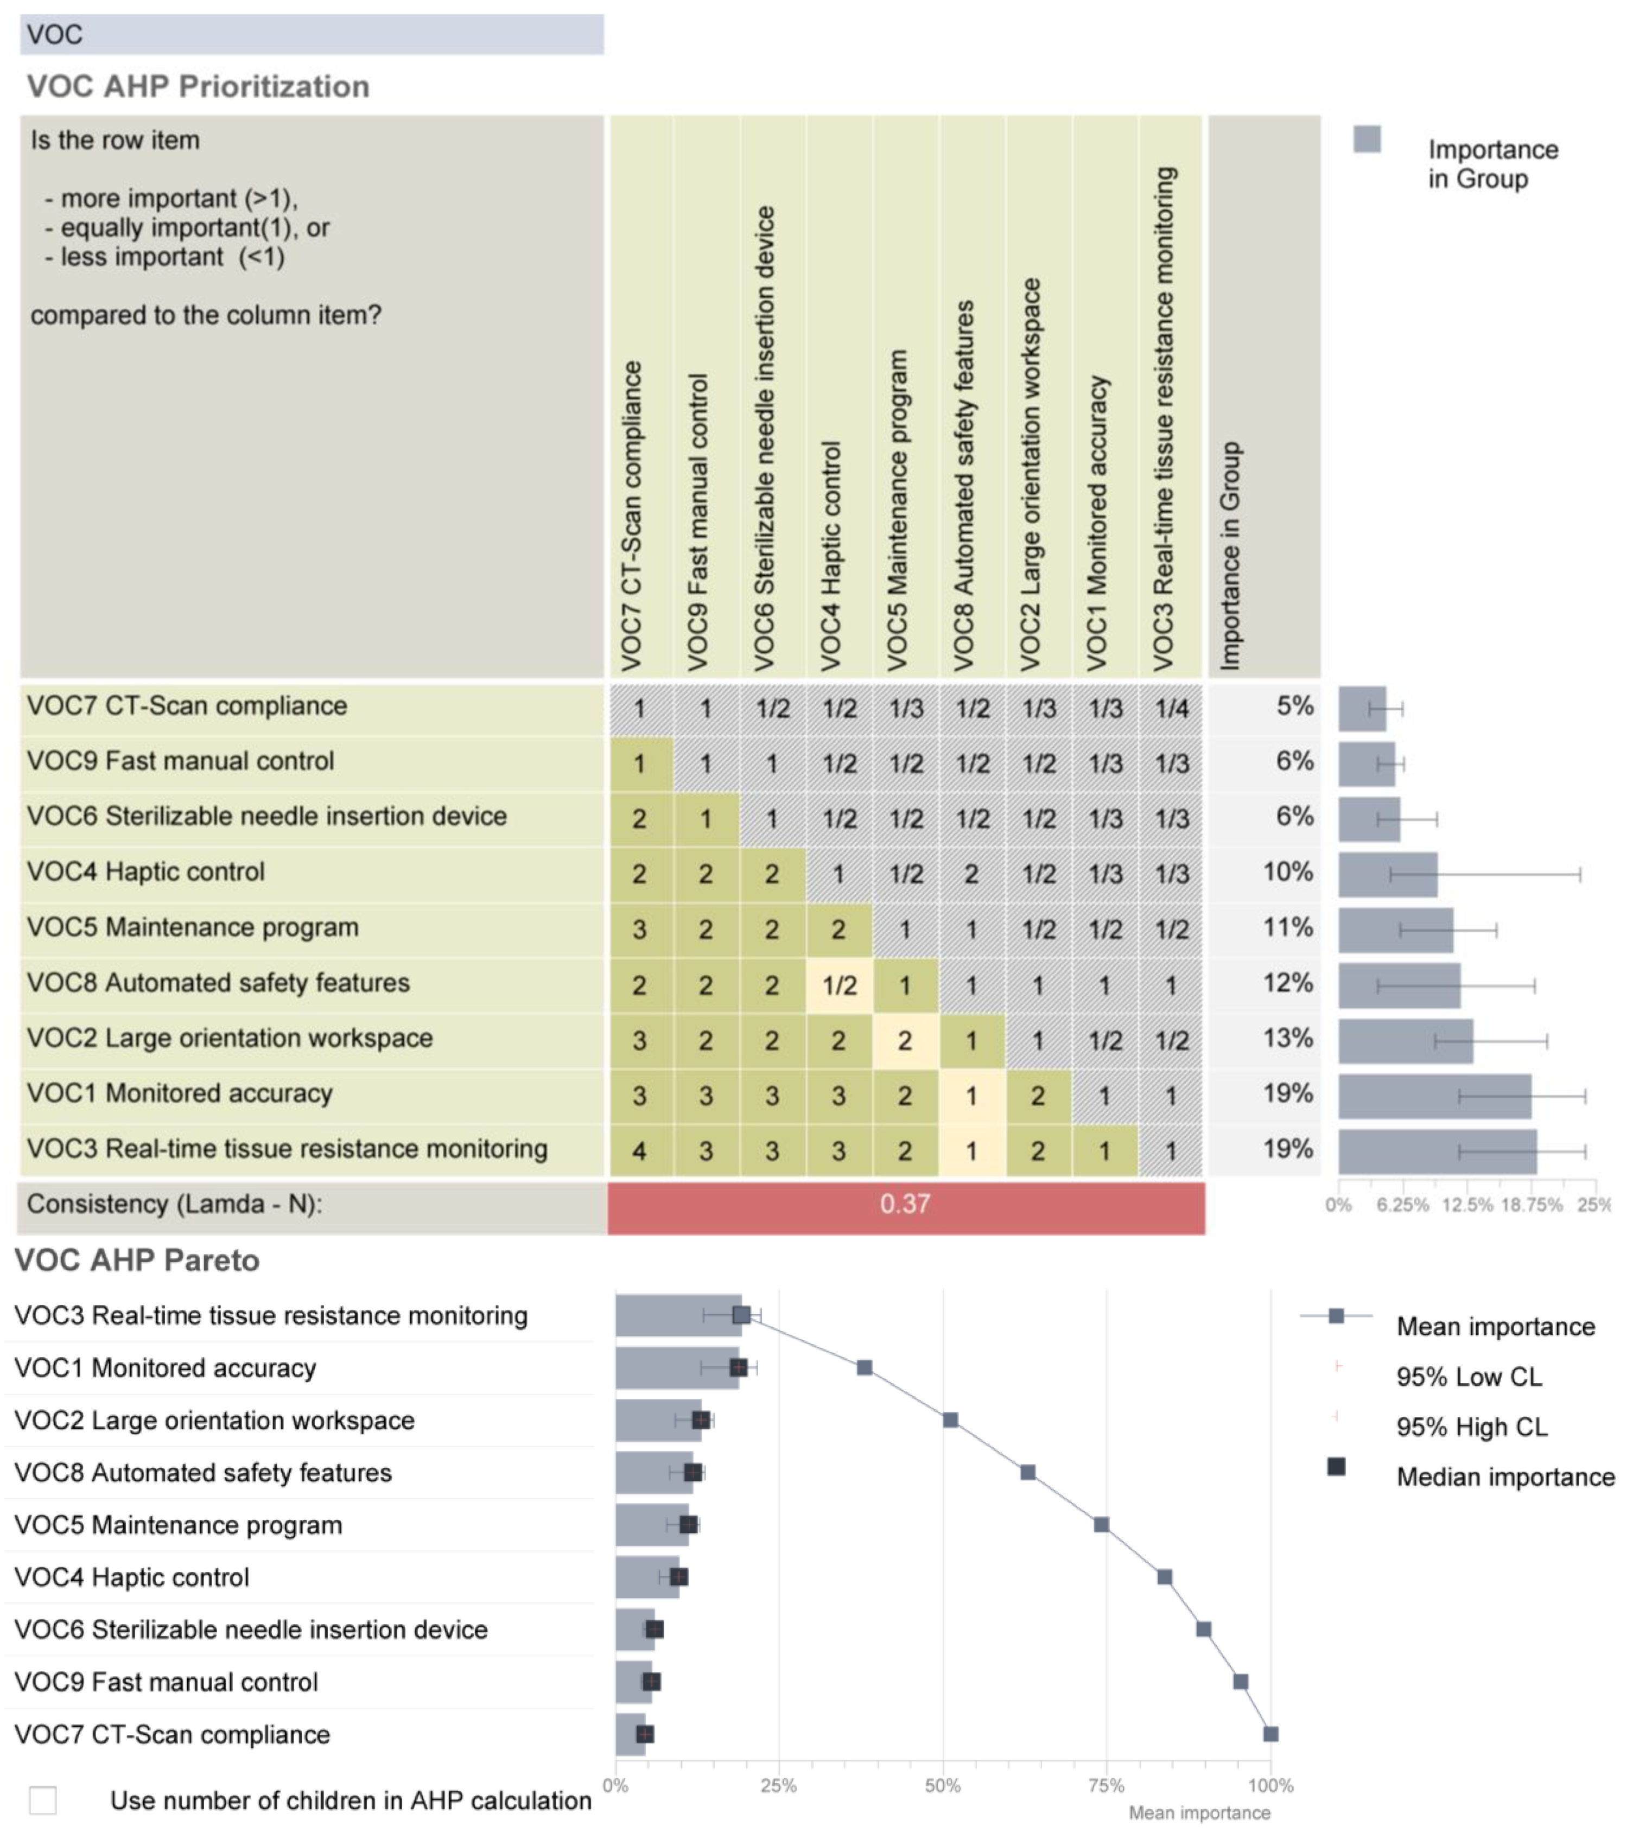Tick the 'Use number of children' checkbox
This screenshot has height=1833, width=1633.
[x=43, y=1800]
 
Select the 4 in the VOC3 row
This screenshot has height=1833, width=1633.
[x=639, y=1151]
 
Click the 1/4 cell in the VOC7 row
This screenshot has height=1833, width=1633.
[x=1171, y=709]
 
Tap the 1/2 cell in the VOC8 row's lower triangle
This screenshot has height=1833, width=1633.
[x=839, y=985]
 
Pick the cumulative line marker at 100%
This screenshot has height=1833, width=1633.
[x=1270, y=1734]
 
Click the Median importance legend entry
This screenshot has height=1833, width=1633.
[x=1505, y=1478]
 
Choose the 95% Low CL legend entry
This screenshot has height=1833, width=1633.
[x=1468, y=1377]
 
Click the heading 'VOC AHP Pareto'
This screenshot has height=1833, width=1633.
[x=137, y=1261]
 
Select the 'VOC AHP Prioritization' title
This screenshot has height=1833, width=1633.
[x=198, y=87]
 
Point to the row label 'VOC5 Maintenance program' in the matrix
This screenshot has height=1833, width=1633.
[x=193, y=928]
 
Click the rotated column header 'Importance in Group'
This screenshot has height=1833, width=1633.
[x=1230, y=556]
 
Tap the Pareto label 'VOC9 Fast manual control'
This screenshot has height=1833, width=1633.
[x=166, y=1682]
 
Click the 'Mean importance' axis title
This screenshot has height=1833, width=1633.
[x=1199, y=1813]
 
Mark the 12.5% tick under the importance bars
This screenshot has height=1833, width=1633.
[x=1466, y=1205]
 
